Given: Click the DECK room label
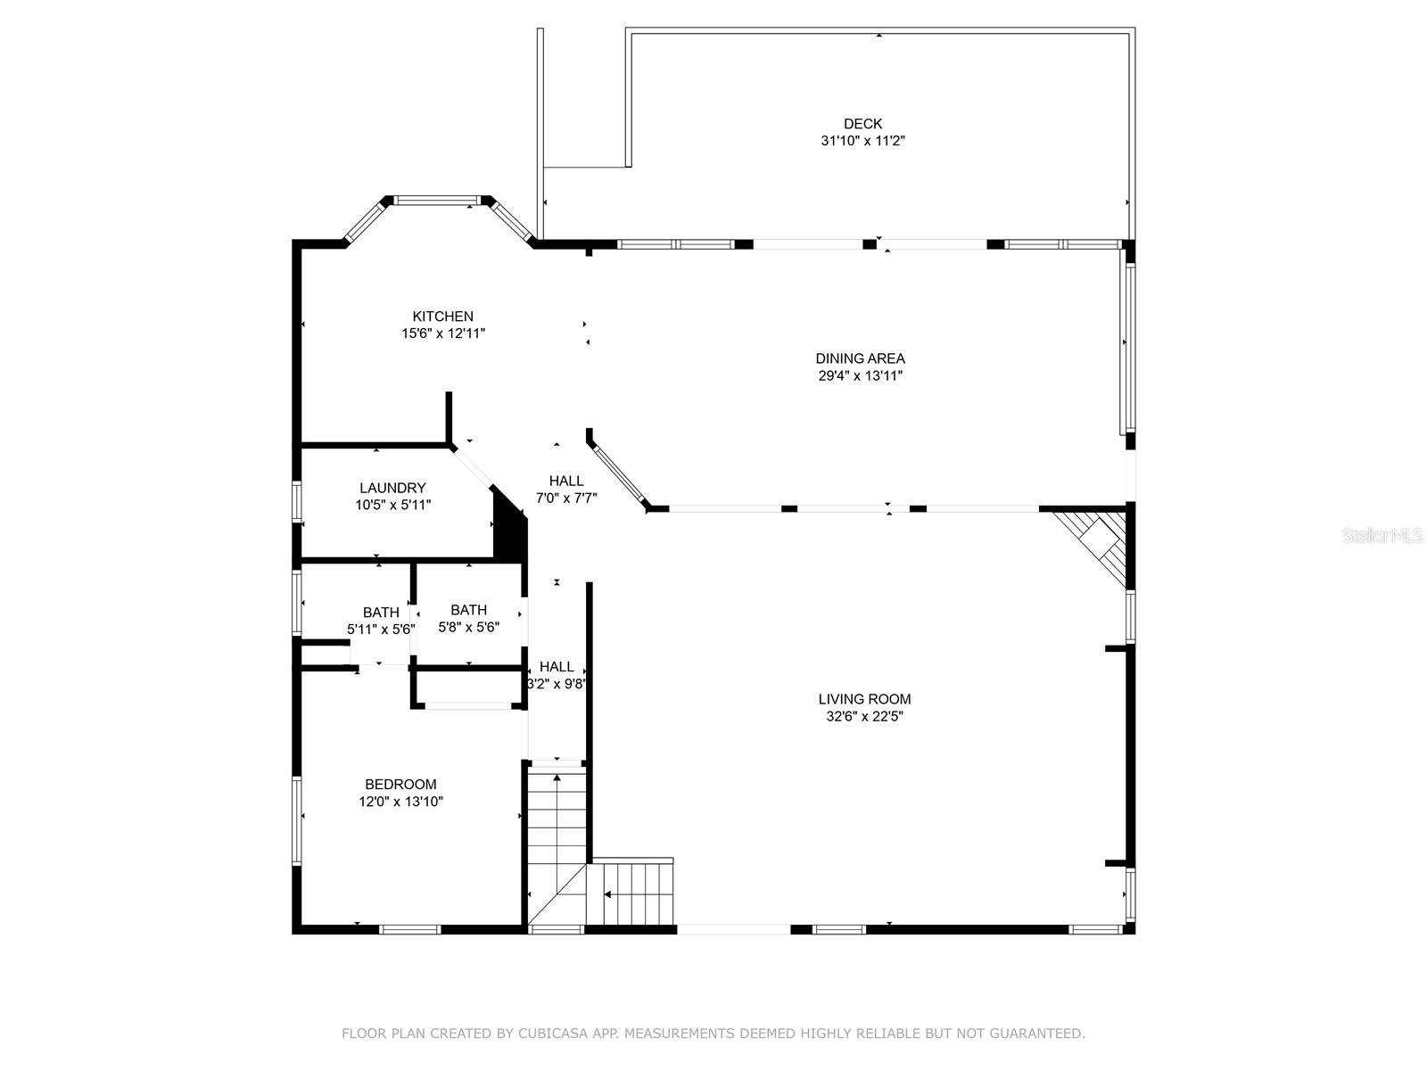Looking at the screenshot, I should click(862, 124).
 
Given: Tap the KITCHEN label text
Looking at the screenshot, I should click(442, 317).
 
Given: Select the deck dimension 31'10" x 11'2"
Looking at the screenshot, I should click(862, 141).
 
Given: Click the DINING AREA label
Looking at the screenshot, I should click(860, 358).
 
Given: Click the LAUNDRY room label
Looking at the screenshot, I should click(392, 488).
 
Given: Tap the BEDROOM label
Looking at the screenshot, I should click(400, 785).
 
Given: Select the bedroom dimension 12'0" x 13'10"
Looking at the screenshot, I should click(400, 802).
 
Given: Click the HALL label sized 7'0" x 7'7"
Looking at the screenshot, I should click(566, 481).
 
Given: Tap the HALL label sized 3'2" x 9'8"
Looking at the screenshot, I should click(557, 667).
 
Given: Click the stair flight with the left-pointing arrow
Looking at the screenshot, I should click(635, 893).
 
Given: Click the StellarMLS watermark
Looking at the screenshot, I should click(1382, 536).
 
